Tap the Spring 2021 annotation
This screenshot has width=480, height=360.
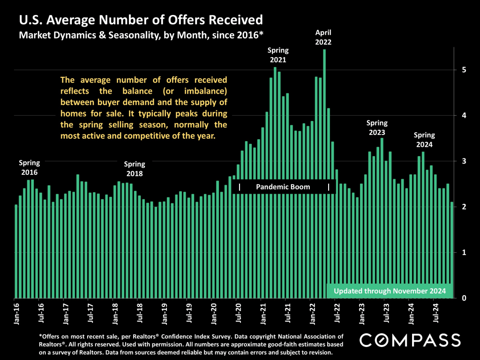pyautogui.click(x=278, y=55)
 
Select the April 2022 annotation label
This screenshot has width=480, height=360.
pyautogui.click(x=323, y=37)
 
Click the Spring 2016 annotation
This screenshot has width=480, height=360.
pyautogui.click(x=29, y=167)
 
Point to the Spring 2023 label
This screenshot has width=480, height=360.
pyautogui.click(x=377, y=127)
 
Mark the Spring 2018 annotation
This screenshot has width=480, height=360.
pyautogui.click(x=135, y=169)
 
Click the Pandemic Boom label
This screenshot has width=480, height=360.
pyautogui.click(x=283, y=187)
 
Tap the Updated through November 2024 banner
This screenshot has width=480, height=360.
pyautogui.click(x=390, y=291)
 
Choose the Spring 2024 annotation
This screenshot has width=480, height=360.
pyautogui.click(x=425, y=140)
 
